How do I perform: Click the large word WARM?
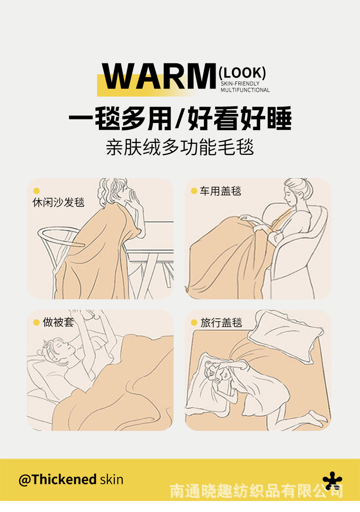pyautogui.click(x=159, y=76)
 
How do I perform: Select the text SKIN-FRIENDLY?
pyautogui.click(x=240, y=84)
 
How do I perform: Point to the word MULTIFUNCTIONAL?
pyautogui.click(x=245, y=90)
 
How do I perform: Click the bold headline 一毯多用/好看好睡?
pyautogui.click(x=180, y=118)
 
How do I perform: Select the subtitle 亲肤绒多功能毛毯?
pyautogui.click(x=180, y=147)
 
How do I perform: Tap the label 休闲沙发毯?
pyautogui.click(x=58, y=202)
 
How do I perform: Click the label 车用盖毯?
pyautogui.click(x=221, y=191)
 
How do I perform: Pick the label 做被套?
pyautogui.click(x=58, y=323)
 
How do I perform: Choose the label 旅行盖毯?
pyautogui.click(x=221, y=323)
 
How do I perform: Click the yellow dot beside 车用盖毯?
pyautogui.click(x=194, y=191)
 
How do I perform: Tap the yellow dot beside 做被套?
pyautogui.click(x=36, y=323)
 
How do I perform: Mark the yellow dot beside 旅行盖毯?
pyautogui.click(x=194, y=323)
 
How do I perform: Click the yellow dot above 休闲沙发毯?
pyautogui.click(x=36, y=191)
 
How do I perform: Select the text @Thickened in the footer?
pyautogui.click(x=57, y=480)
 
